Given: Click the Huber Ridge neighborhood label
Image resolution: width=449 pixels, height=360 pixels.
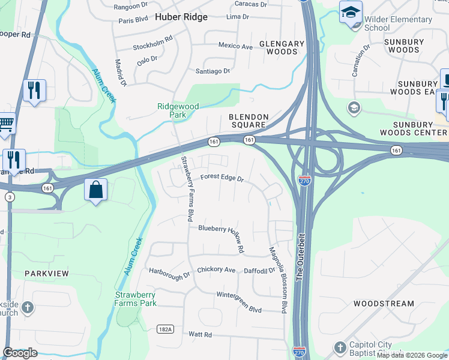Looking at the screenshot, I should [181, 17].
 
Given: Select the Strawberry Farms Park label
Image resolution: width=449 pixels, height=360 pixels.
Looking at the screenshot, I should [136, 299].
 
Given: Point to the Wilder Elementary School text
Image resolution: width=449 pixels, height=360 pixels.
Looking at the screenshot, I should [398, 23].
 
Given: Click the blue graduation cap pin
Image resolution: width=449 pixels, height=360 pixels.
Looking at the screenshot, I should [350, 12].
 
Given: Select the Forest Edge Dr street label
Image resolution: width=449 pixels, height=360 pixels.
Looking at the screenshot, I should [222, 178].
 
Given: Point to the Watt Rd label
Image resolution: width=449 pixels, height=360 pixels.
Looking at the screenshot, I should [200, 334].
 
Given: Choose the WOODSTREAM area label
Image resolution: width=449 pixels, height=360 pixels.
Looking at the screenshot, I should [384, 304].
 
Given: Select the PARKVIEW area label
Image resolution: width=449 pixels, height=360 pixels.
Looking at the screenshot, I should [47, 273].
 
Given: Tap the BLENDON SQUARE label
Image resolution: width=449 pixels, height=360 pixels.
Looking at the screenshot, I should [247, 121].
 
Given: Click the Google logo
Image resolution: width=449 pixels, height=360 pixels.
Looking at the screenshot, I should [20, 353].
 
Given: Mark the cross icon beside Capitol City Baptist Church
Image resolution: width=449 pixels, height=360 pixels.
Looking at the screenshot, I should [340, 347].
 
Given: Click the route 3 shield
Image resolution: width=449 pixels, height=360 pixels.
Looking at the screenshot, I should [9, 196].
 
